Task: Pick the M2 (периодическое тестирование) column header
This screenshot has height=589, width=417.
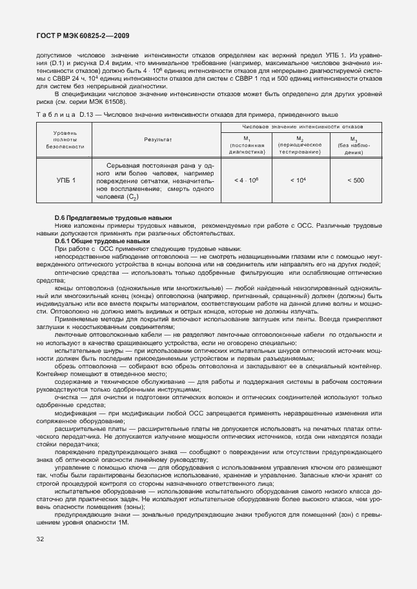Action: point(300,145)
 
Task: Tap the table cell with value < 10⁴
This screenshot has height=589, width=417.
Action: point(300,180)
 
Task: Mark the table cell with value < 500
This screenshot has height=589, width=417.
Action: point(355,180)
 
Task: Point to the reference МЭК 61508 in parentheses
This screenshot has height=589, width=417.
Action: point(108,101)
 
